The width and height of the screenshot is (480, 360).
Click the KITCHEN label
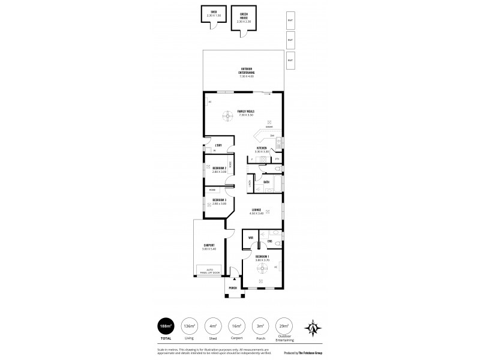[262, 149]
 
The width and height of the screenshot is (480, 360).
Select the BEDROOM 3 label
[219, 201]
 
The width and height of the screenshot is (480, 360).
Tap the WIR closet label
[250, 238]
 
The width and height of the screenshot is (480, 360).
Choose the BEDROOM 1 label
[262, 257]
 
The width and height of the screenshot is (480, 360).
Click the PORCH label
[233, 288]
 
